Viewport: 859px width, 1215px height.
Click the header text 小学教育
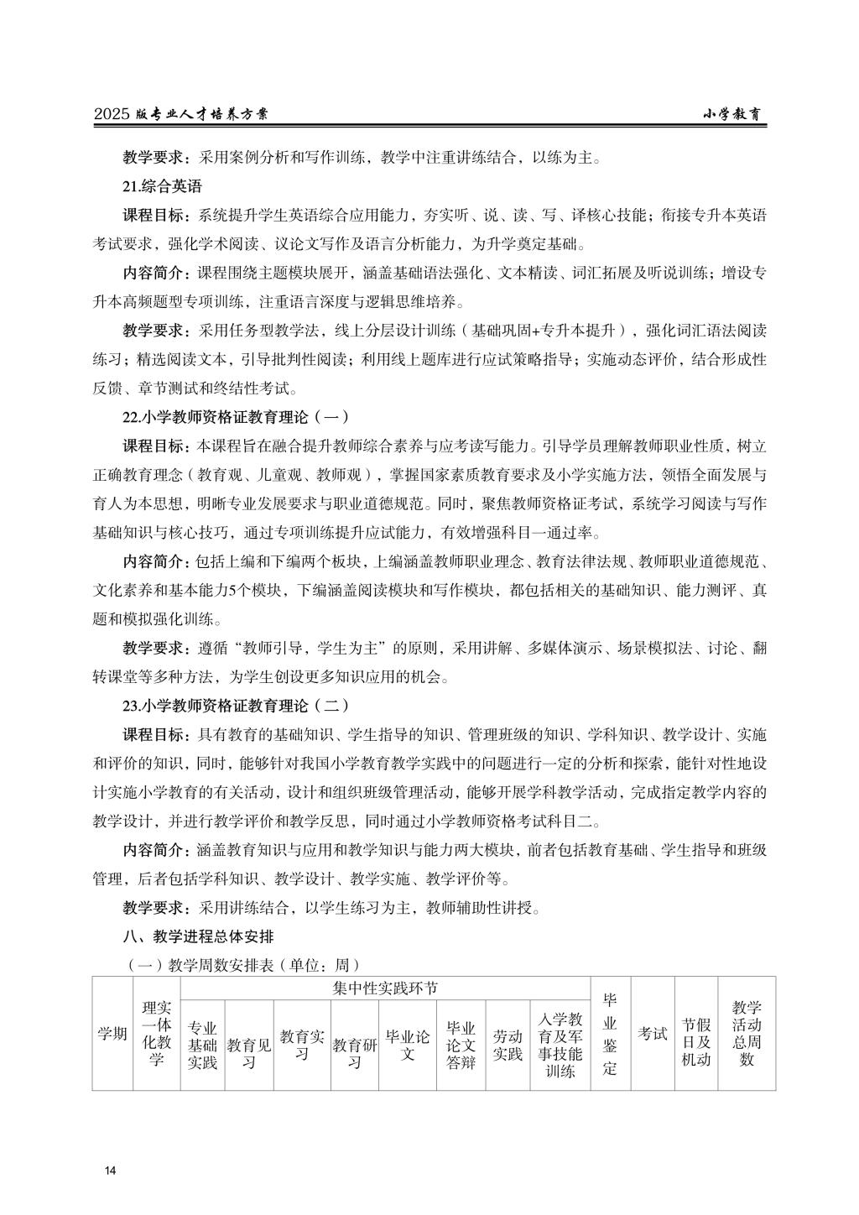731,115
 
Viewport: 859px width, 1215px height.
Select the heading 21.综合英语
162,186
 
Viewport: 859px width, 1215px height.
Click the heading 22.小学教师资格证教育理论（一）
235,416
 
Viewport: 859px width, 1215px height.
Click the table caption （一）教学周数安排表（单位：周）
242,965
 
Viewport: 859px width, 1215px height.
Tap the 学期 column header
112,1033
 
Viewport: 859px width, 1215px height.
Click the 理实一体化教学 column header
156,1033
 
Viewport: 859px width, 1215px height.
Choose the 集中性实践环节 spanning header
385,988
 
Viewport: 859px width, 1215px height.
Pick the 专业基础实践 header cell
202,1046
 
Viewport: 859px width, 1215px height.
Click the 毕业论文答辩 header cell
461,1046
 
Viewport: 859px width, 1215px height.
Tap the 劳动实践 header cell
508,1046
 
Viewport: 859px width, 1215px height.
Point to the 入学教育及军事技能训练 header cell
560,1046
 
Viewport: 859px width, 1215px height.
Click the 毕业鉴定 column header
610,1033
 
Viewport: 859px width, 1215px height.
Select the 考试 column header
652,1033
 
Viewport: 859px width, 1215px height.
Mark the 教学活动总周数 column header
747,1033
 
